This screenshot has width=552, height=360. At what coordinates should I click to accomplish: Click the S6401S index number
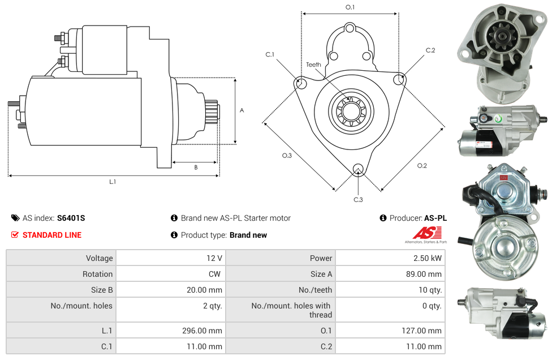click(71, 218)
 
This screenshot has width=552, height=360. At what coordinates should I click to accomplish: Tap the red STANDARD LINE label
click(52, 235)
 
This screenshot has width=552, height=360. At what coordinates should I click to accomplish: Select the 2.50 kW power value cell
click(390, 258)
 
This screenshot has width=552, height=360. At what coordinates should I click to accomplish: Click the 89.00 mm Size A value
click(424, 274)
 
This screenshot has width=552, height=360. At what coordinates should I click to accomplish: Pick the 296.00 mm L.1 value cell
click(171, 331)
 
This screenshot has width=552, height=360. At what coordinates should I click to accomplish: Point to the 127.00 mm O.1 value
click(421, 331)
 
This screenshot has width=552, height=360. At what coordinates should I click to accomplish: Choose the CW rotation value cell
click(171, 274)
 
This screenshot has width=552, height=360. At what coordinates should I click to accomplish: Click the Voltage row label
click(100, 258)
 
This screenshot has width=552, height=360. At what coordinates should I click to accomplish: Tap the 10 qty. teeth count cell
click(390, 290)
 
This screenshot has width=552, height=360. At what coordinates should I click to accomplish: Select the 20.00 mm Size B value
click(204, 290)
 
